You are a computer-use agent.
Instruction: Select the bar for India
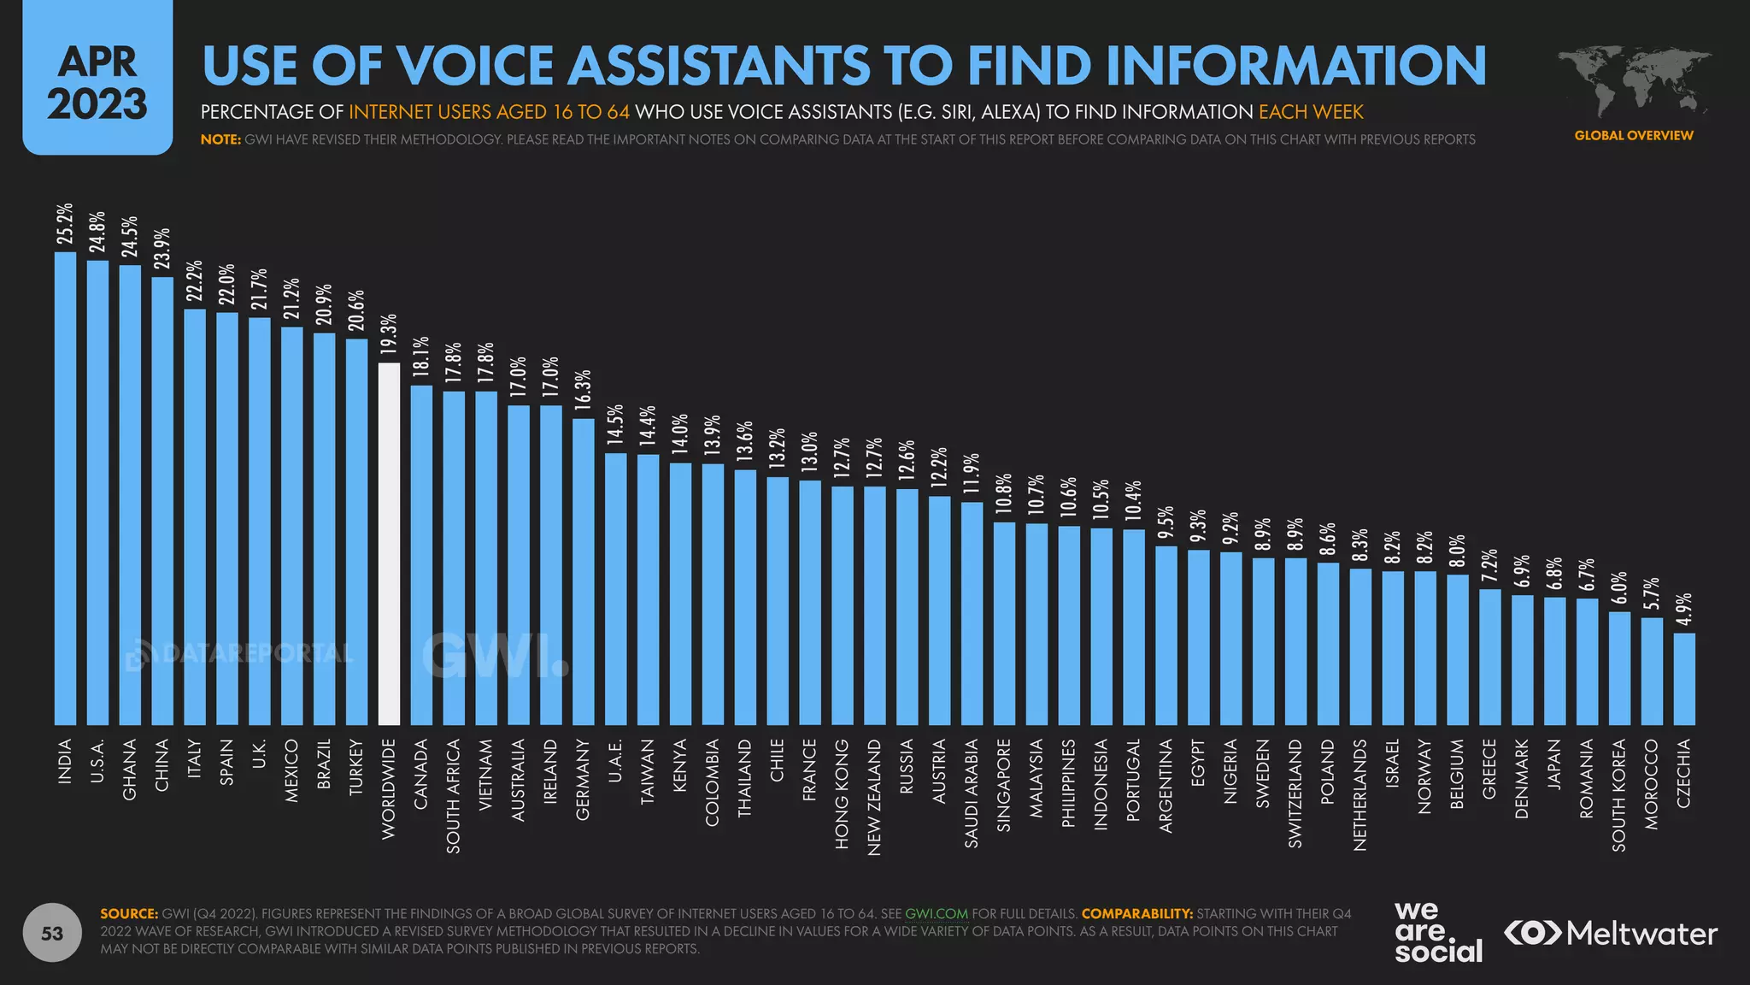[65, 488]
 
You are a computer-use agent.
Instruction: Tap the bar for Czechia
[1684, 679]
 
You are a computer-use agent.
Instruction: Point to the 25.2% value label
[65, 224]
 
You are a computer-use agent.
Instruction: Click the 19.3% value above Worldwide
[389, 334]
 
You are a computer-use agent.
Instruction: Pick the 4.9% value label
[1684, 610]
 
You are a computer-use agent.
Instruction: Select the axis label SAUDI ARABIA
[972, 793]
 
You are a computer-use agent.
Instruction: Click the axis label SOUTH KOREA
[1619, 795]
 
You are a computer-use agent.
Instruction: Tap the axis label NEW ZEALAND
[874, 797]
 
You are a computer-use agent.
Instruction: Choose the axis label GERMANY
[583, 780]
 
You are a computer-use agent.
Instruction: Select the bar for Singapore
[1004, 623]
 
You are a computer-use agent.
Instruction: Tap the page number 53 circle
[52, 933]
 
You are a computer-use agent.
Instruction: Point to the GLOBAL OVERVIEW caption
[1633, 135]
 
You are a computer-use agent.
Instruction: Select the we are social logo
[1438, 932]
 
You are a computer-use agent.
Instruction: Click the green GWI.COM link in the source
[937, 913]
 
